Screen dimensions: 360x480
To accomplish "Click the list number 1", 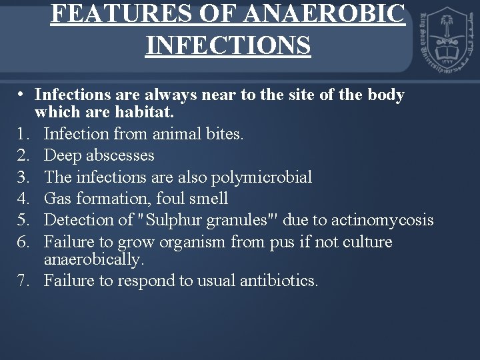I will point(21,135).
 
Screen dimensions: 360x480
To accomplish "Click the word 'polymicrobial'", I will point(262,177).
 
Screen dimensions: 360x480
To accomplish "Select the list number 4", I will point(21,198).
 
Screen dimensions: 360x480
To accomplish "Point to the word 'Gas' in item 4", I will point(57,198).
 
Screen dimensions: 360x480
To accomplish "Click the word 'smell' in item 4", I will point(207,198).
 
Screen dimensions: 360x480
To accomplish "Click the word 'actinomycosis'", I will point(377,219).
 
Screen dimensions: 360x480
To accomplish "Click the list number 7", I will point(21,280).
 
